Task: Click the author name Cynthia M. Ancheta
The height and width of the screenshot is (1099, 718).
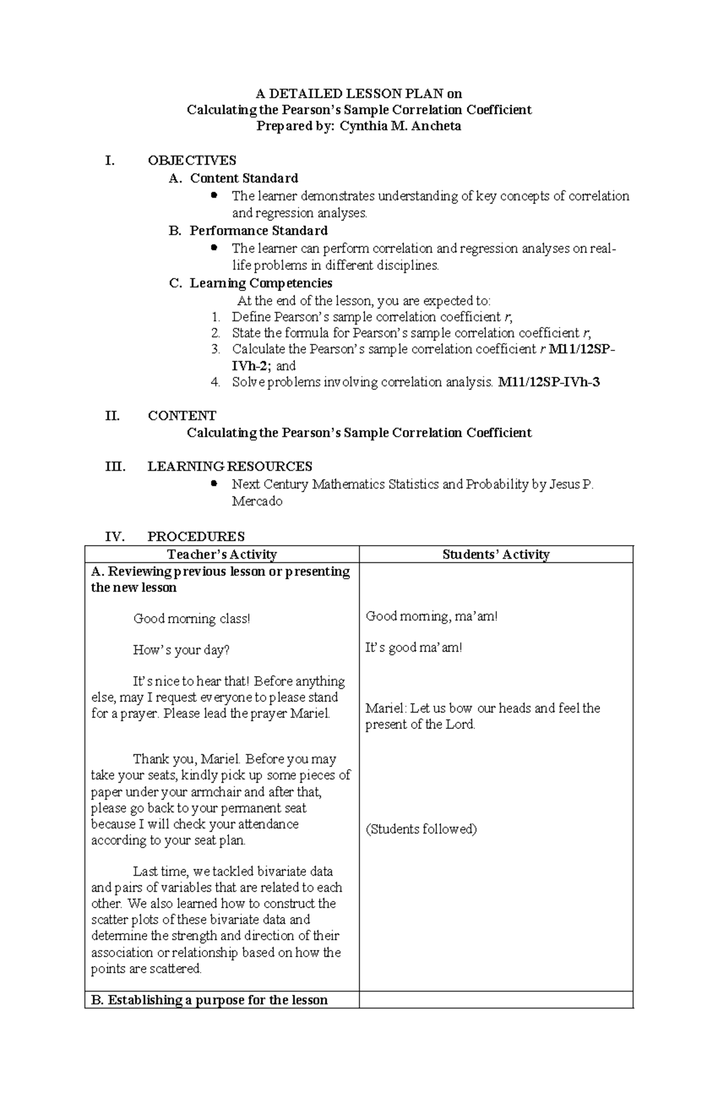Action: coord(400,126)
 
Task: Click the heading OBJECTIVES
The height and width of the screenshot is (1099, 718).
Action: coord(191,161)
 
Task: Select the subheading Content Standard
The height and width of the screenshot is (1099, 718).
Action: coord(244,178)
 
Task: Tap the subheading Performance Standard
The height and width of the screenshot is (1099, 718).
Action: coord(258,231)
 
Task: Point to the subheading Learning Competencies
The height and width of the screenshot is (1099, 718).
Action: coord(261,283)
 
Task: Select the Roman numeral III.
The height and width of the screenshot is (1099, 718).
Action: coord(114,467)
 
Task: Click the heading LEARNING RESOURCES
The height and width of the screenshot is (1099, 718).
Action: coord(230,467)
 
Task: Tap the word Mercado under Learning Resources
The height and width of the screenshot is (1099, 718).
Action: coord(257,501)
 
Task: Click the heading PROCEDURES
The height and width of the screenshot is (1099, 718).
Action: coord(196,536)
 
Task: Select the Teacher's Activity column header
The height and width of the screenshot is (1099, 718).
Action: coord(221,555)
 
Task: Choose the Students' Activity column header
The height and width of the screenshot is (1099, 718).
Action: coord(495,555)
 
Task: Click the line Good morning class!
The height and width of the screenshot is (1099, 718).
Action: coord(191,619)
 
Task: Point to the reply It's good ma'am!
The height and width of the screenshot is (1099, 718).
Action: coord(413,647)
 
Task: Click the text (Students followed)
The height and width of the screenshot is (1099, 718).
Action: coord(421,829)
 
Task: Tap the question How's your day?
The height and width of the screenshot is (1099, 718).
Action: coord(181,650)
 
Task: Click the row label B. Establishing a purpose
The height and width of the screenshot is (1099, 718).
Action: coord(209,1000)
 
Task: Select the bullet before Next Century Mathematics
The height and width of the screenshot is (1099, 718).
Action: coord(214,483)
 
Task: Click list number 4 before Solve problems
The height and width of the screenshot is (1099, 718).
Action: coord(216,382)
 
